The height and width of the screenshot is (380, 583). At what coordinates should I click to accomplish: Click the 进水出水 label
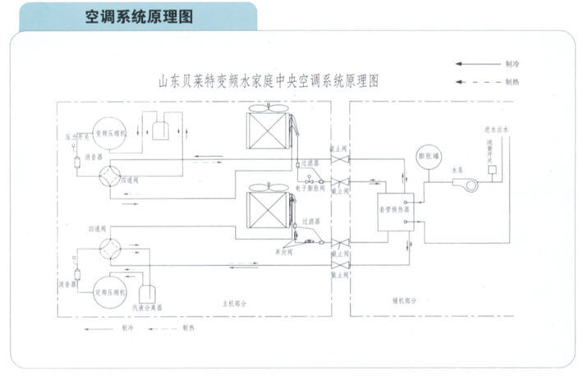[x=498, y=130]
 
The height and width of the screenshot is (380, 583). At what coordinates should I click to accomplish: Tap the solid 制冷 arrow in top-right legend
[x=474, y=63]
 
